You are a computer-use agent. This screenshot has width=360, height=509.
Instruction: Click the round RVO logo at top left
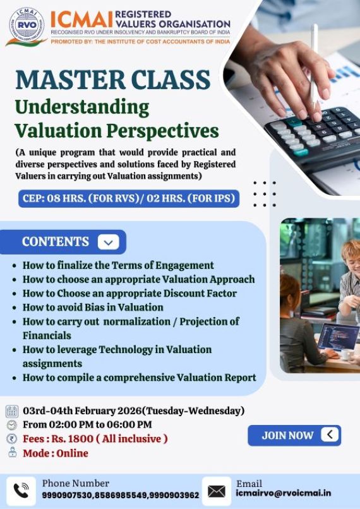(x=26, y=27)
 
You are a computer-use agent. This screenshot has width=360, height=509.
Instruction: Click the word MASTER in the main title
(x=69, y=80)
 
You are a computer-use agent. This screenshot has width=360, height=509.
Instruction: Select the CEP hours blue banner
(x=129, y=198)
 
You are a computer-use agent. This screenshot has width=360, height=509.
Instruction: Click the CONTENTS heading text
(x=56, y=242)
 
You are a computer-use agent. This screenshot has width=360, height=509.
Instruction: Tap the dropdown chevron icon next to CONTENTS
(x=108, y=242)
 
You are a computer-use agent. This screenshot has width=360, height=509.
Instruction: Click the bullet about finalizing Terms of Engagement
(x=118, y=265)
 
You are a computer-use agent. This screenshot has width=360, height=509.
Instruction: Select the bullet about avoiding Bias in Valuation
(x=93, y=307)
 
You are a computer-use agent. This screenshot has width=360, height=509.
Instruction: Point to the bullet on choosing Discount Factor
(x=129, y=293)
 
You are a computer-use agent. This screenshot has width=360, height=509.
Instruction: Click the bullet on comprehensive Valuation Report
(x=139, y=378)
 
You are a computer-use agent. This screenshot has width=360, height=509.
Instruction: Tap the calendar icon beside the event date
(x=12, y=411)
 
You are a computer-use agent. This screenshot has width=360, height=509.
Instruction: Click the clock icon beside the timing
(x=12, y=425)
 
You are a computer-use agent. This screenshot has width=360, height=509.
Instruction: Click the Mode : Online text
(x=56, y=453)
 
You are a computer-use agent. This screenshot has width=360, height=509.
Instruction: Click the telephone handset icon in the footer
(x=21, y=491)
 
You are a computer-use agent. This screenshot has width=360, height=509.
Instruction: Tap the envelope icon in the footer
(x=216, y=491)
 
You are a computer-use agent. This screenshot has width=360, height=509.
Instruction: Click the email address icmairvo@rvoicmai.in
(x=283, y=493)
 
